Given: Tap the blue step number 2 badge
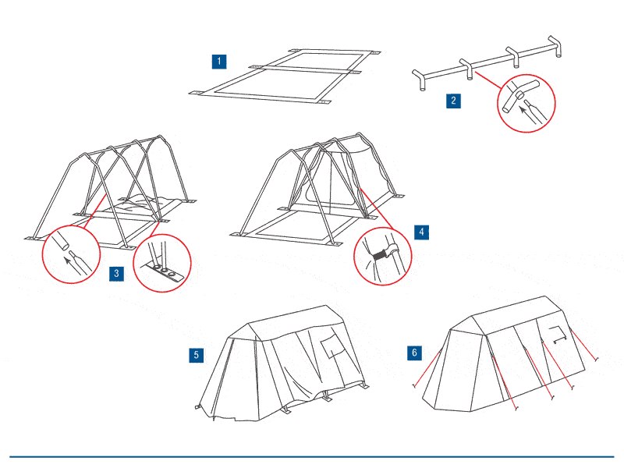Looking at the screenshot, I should (x=453, y=100).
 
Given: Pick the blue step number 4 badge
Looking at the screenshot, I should (x=420, y=232).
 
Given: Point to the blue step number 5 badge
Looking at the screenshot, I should (x=197, y=355).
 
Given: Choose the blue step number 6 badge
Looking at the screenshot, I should (x=414, y=353).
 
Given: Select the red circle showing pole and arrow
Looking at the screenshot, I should (x=71, y=254).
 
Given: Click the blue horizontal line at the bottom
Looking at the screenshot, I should (x=312, y=456).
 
